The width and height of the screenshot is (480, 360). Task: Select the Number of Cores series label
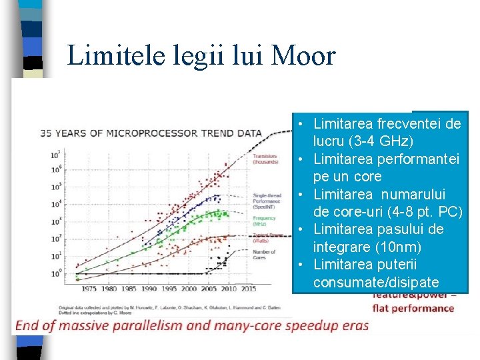[264, 255]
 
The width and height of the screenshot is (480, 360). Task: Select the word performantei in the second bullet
[418, 159]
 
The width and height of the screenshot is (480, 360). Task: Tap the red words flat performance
[413, 308]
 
